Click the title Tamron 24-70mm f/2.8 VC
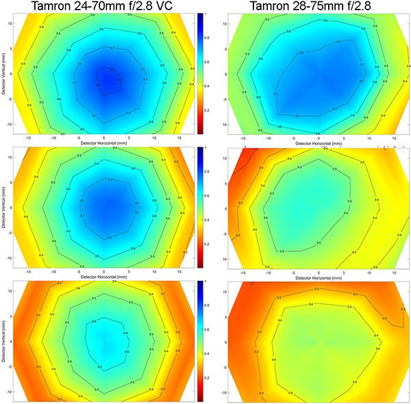(x=103, y=7)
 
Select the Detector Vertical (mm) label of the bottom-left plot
(x=5, y=340)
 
